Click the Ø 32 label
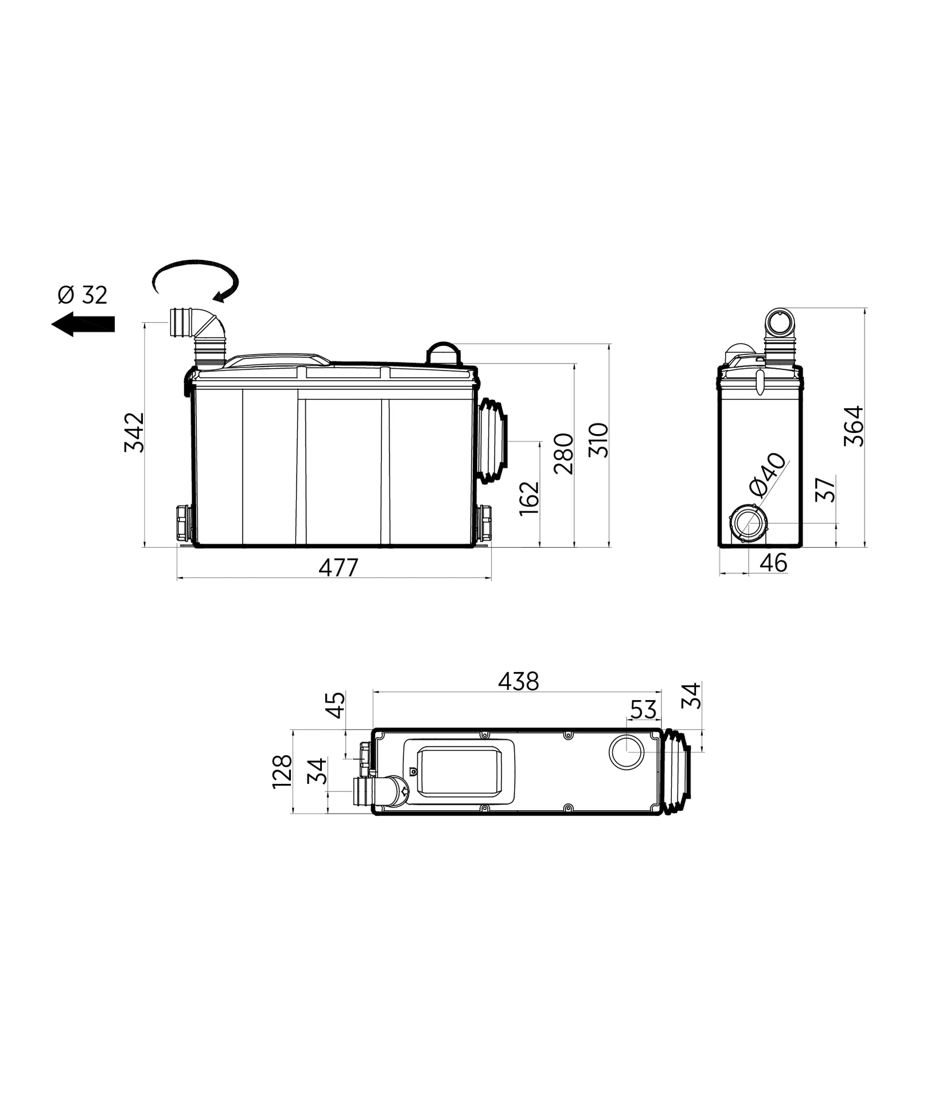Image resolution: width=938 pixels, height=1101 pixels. point(82,295)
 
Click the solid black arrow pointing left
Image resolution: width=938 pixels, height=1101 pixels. point(83,324)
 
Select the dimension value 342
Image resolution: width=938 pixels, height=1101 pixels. point(135,432)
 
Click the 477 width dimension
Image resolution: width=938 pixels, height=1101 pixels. point(338,568)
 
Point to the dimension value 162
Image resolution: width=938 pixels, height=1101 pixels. point(530,498)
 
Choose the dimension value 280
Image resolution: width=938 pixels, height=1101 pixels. point(564,454)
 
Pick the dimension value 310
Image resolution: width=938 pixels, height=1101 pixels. point(598,440)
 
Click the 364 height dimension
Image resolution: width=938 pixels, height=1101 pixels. point(854,425)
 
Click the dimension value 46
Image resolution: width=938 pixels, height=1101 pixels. point(773,563)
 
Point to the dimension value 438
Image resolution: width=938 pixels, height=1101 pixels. point(518,681)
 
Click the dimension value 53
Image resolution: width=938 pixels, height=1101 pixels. point(643,710)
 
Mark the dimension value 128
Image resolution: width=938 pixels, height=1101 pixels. point(282,771)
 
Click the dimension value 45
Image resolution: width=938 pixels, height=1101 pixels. point(336,705)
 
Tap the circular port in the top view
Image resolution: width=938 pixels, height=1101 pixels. point(626,752)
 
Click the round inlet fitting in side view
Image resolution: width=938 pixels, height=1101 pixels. point(748,523)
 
